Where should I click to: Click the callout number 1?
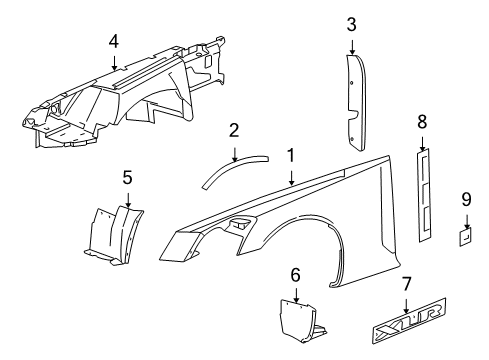tap(291, 156)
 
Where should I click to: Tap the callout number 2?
tap(233, 129)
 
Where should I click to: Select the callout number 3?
tap(352, 24)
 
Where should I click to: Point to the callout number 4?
tap(114, 41)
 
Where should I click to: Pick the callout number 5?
tap(127, 178)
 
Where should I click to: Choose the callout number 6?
tap(295, 274)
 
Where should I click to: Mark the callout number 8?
tap(422, 122)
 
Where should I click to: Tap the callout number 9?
tap(466, 200)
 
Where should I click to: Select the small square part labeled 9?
tap(466, 236)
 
